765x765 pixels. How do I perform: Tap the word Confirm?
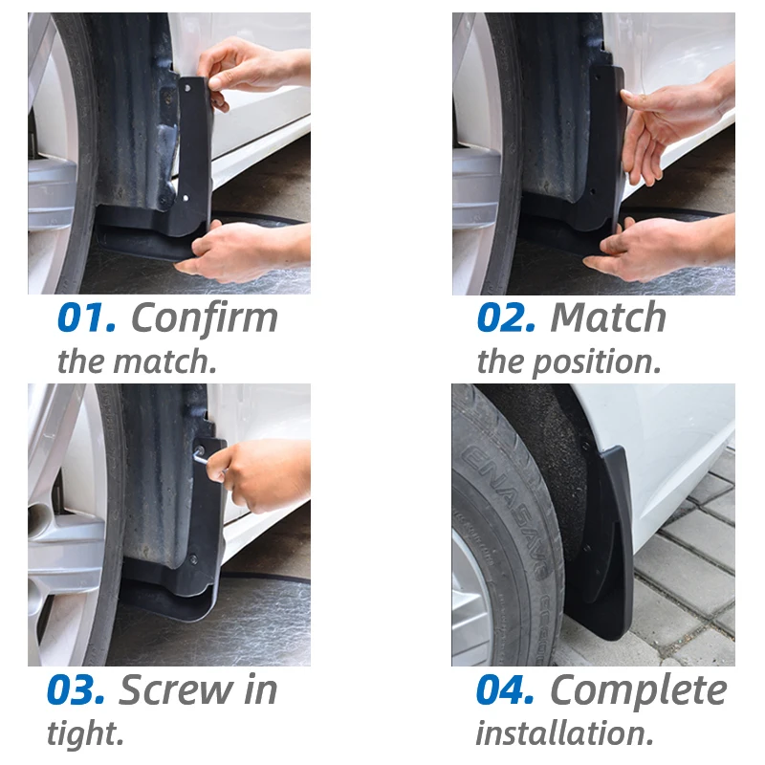204,318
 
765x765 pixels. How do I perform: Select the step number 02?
506,318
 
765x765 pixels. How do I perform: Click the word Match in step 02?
608,318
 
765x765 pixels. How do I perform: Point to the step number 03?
76,691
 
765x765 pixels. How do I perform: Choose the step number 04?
506,691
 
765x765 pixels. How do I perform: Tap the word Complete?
638,691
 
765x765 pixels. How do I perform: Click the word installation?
564,734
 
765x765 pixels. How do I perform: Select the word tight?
85,734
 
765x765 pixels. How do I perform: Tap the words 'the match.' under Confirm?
135,362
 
